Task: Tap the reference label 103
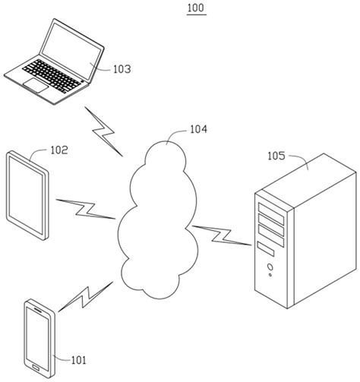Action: coord(117,68)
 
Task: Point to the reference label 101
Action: coord(78,360)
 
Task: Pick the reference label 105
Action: coord(278,157)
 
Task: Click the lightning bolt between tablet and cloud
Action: coord(86,208)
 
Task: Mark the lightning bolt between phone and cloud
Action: coord(86,298)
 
